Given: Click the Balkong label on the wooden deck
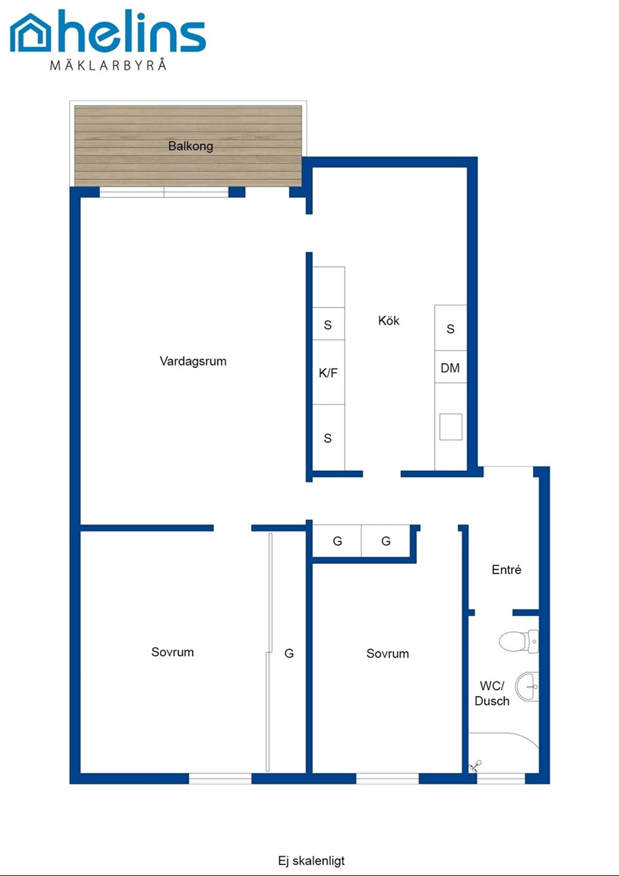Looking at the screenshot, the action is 191,146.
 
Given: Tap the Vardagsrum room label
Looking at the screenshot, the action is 193,361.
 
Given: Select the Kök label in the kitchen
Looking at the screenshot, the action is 389,320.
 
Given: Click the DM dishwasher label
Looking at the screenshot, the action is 450,368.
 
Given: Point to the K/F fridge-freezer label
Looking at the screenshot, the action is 328,373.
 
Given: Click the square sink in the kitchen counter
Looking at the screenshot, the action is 450,427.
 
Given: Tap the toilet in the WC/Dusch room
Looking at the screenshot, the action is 519,642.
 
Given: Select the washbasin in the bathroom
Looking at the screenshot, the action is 527,687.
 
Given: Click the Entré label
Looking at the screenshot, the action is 506,570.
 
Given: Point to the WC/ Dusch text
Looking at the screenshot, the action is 492,693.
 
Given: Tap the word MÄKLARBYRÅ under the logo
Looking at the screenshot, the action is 109,65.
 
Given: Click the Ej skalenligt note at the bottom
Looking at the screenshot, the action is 312,861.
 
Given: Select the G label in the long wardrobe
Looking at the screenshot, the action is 289,653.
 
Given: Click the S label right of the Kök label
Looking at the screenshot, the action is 450,329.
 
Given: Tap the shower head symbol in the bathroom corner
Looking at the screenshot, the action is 475,766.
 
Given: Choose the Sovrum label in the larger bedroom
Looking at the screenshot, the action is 173,652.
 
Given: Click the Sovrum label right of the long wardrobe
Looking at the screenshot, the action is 387,653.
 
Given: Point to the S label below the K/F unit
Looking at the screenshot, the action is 328,439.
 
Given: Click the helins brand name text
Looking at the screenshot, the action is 132,32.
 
